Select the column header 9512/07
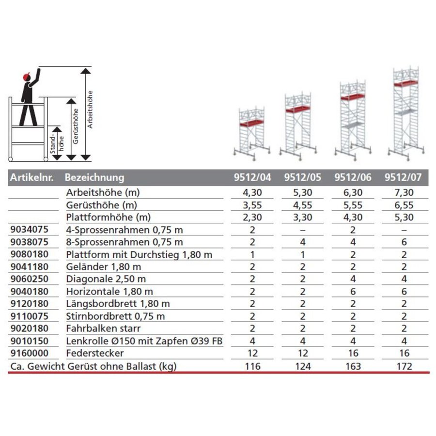403,178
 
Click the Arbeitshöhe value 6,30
353,192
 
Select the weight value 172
403,366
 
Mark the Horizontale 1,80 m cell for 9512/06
353,291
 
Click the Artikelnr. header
30,178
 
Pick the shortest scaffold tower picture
253,131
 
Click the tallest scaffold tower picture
403,111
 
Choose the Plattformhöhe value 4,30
353,217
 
